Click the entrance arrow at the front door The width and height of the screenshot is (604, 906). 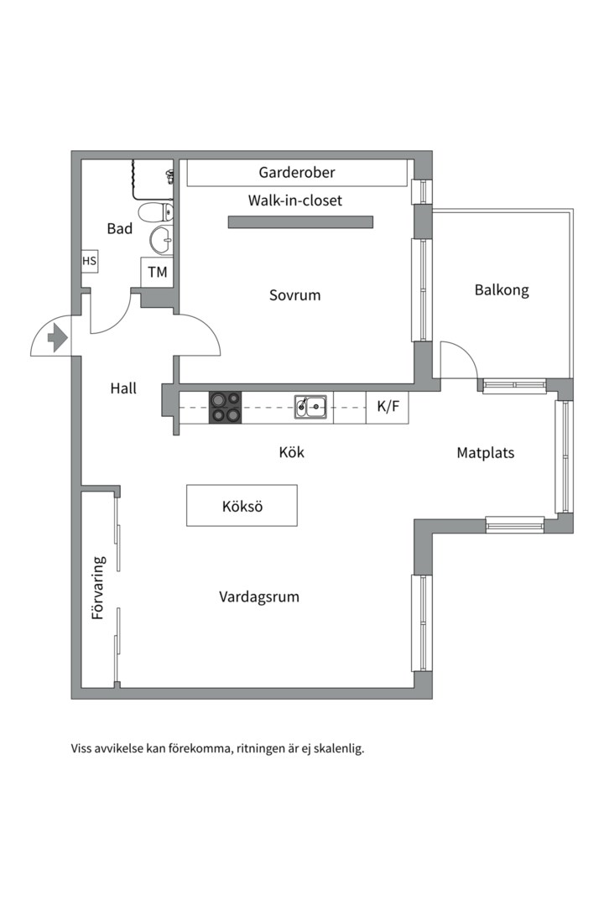(57, 337)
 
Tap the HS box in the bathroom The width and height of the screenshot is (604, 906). (89, 261)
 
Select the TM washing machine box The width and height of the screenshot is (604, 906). (157, 272)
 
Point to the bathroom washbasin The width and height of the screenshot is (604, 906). (161, 240)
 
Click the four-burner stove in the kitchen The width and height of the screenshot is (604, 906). (224, 407)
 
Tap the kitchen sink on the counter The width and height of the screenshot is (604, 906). (310, 407)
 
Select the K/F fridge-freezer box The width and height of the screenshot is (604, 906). (388, 407)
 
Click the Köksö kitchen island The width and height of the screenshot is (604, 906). (242, 506)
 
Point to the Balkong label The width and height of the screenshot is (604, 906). (502, 290)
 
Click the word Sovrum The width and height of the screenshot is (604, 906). (294, 295)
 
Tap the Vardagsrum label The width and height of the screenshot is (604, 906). (259, 597)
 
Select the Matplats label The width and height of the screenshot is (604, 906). (485, 453)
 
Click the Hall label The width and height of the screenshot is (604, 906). (123, 388)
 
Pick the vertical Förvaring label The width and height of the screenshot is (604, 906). (98, 587)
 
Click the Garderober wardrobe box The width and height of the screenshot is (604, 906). (296, 173)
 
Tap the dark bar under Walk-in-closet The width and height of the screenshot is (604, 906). (300, 222)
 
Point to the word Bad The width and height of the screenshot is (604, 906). (120, 228)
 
